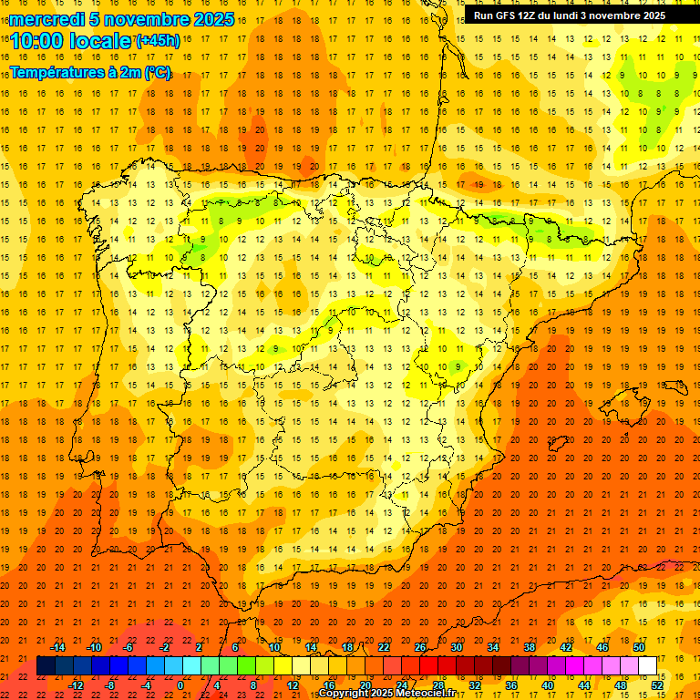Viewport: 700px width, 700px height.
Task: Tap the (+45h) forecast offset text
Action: click(158, 41)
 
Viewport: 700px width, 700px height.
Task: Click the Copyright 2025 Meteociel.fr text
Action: click(386, 694)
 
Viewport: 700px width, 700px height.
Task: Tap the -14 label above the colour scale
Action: click(57, 647)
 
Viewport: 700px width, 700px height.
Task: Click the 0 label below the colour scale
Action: click(181, 685)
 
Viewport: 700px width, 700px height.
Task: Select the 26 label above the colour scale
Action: click(420, 647)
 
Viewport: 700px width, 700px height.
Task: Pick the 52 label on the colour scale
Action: click(657, 685)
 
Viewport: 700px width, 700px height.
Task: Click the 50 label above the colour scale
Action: click(639, 647)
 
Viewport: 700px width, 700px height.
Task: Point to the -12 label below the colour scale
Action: click(77, 685)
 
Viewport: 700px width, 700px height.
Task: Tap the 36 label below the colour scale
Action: click(510, 685)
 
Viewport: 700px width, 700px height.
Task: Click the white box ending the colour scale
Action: click(647, 665)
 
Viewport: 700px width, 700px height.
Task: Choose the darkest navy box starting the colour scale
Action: click(46, 665)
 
